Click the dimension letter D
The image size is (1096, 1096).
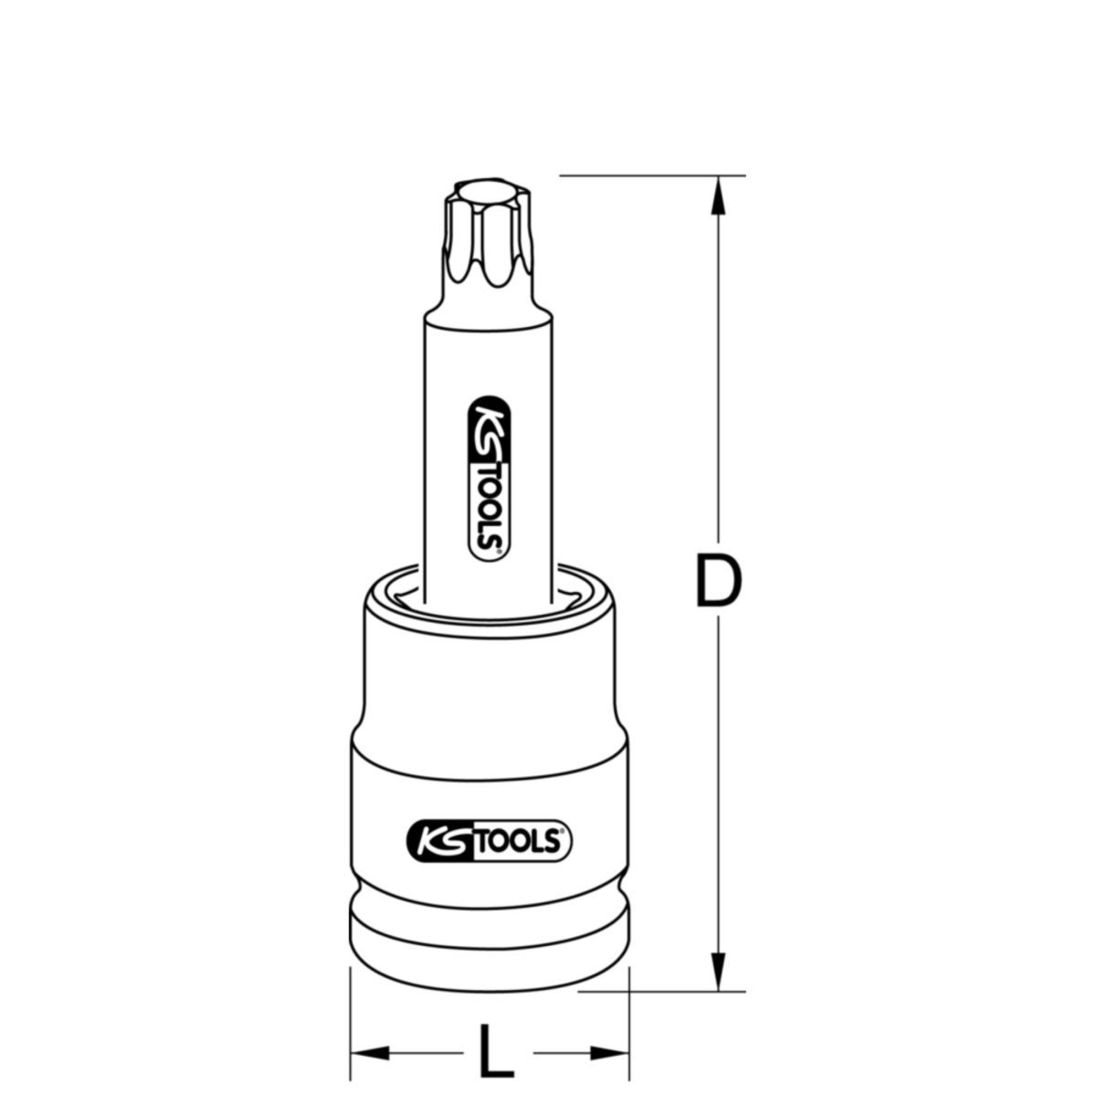[717, 580]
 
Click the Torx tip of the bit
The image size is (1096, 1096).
[488, 233]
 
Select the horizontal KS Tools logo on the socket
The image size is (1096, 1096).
[488, 839]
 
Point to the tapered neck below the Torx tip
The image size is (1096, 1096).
[488, 297]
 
